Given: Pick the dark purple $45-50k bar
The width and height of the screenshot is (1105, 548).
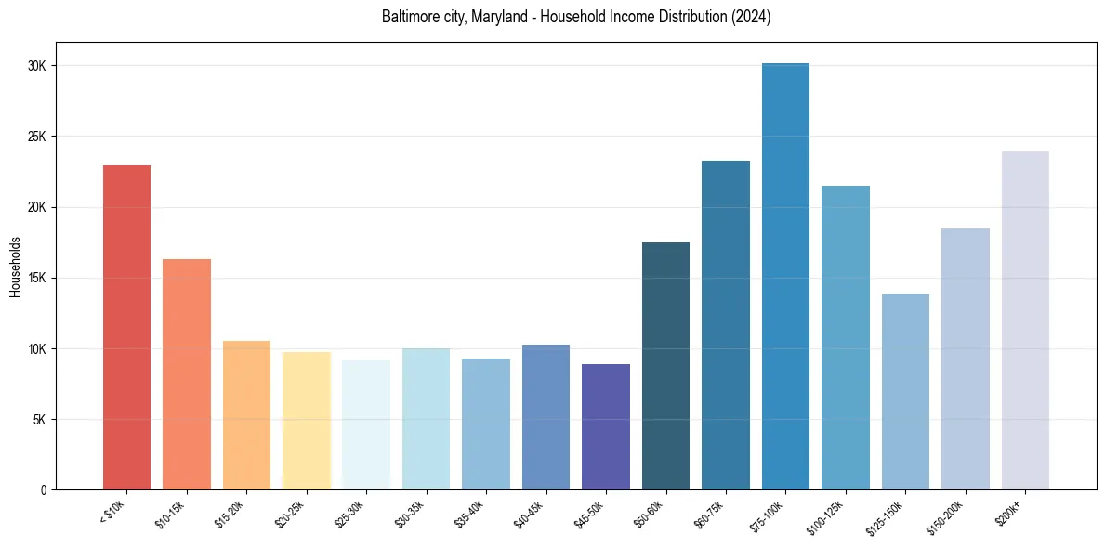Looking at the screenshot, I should pyautogui.click(x=606, y=426).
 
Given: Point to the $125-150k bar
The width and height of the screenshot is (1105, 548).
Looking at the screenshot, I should pyautogui.click(x=905, y=391).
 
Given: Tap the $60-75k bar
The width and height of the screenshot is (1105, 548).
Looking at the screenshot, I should pyautogui.click(x=726, y=325).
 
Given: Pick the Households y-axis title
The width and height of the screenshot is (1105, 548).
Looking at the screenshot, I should pyautogui.click(x=15, y=267).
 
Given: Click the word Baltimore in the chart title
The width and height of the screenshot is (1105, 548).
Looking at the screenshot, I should pyautogui.click(x=407, y=17).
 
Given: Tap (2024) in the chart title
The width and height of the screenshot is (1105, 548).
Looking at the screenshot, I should pyautogui.click(x=750, y=17).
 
